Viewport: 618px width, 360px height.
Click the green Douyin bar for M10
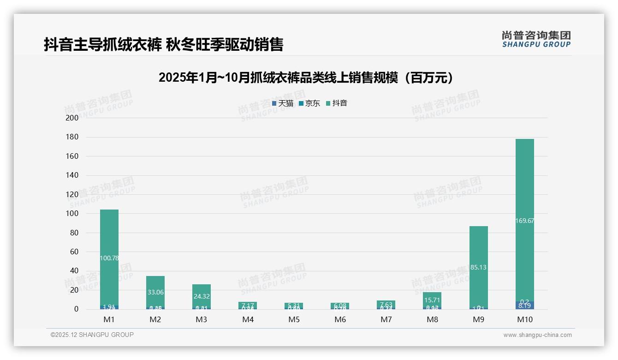[x=524, y=185]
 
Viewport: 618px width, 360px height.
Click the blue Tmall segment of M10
[x=524, y=306]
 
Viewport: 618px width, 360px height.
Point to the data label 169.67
[x=524, y=221]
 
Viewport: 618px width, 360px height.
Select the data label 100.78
[x=109, y=258]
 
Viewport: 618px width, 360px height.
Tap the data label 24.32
[x=202, y=296]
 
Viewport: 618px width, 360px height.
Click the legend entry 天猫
[x=283, y=103]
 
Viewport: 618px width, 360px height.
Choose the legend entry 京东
[x=309, y=103]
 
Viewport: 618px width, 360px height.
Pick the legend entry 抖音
[x=337, y=103]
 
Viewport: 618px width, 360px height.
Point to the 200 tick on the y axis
[x=72, y=118]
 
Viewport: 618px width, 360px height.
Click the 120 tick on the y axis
[x=72, y=194]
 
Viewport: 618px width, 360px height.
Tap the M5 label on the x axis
[x=294, y=319]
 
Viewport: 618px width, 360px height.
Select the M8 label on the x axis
[x=432, y=319]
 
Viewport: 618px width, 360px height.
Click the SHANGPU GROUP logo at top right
[x=536, y=39]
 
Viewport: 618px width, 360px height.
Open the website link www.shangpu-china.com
[x=537, y=335]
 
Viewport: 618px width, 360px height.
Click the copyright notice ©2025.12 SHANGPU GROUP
[x=92, y=335]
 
